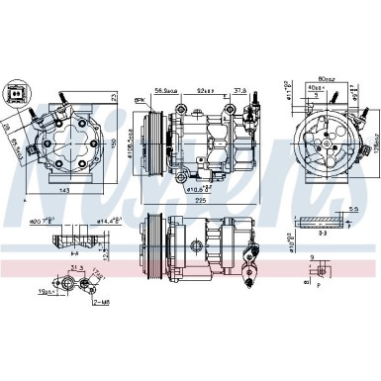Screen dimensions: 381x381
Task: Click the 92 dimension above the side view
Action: pos(204,86)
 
